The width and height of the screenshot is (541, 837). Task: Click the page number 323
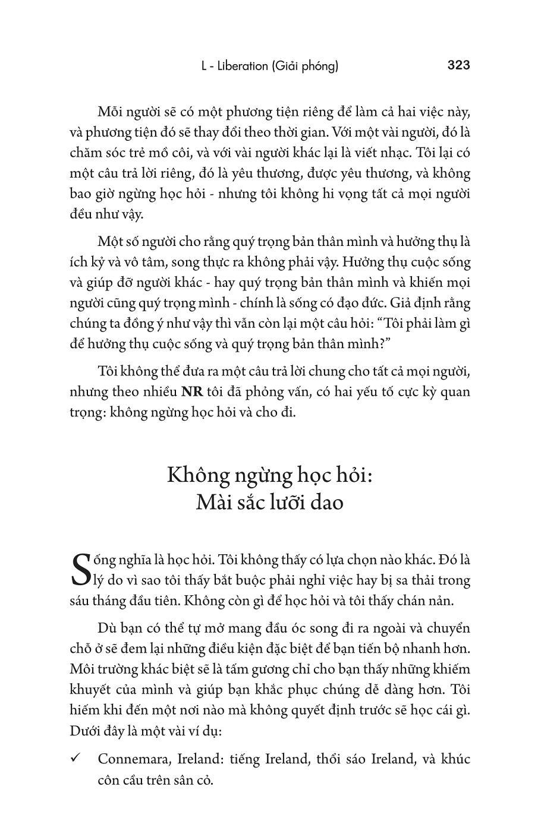tap(458, 65)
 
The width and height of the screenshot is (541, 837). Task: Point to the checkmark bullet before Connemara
tap(75, 759)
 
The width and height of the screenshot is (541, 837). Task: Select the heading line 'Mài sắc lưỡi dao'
tap(269, 502)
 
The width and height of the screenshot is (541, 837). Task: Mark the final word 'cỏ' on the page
tap(205, 780)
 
